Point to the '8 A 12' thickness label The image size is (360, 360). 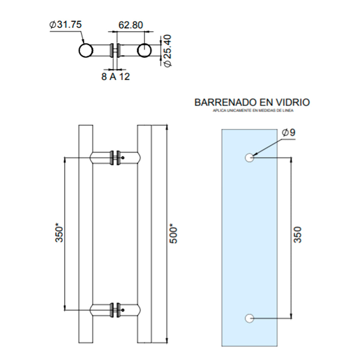point(115,77)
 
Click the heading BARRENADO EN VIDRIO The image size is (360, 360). point(252,102)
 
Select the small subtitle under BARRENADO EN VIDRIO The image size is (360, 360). point(253,111)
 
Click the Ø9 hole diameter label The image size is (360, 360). point(289,133)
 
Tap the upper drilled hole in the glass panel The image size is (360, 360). point(249,158)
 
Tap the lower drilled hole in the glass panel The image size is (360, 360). point(249,318)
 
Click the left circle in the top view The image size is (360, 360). point(85,51)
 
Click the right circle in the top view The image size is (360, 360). point(144,51)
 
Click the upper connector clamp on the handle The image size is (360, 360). point(115,158)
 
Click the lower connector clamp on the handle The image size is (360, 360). point(115,310)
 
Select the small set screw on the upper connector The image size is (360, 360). point(123,158)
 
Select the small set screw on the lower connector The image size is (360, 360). point(123,310)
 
